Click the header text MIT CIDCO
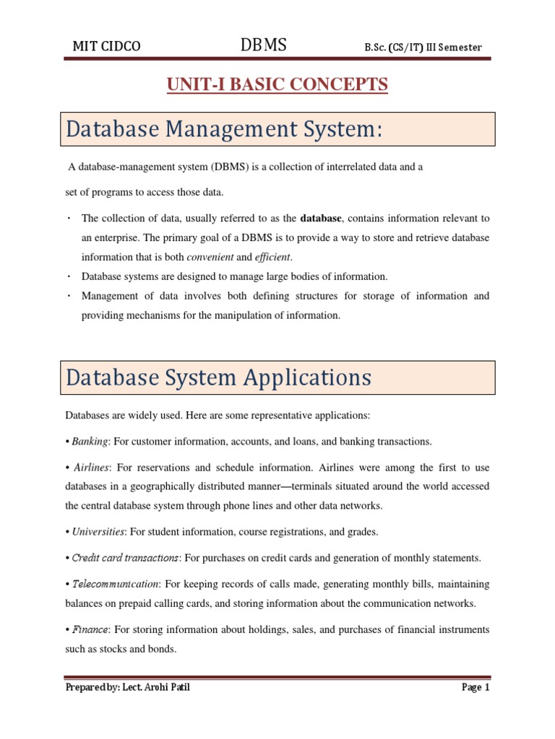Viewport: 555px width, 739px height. pos(106,48)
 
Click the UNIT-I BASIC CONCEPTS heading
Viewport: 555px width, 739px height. pos(277,85)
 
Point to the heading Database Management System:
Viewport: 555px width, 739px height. pos(223,131)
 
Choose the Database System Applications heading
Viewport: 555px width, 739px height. pos(218,377)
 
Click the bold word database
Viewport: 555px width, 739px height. pos(320,219)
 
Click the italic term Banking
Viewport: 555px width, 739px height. pos(89,441)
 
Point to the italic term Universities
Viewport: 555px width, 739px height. pos(98,532)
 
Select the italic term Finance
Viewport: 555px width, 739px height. pos(89,630)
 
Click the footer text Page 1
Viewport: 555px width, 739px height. pos(476,688)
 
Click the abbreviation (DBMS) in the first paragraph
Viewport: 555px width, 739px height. pos(231,167)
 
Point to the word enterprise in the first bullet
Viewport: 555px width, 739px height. pos(120,237)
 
